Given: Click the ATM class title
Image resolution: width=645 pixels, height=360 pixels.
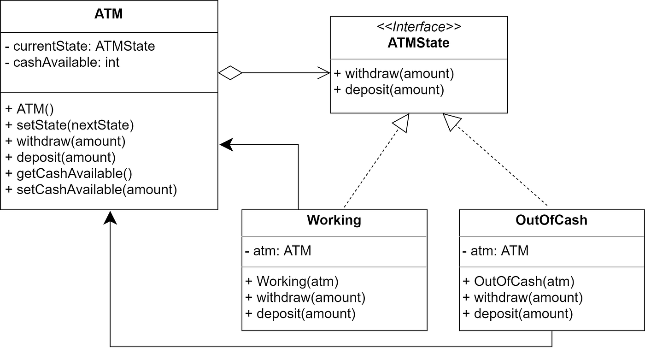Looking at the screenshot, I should (x=109, y=14).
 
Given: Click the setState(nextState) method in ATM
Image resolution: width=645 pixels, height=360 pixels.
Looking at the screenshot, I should (x=69, y=125).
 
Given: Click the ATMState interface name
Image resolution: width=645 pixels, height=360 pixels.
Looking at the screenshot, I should (x=419, y=43).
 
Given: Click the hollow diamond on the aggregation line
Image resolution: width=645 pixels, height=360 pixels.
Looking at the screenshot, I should (x=230, y=73).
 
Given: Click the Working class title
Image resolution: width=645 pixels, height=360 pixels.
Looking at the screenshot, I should (x=334, y=220).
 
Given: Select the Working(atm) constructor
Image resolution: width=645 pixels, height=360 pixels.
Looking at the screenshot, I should (x=292, y=281).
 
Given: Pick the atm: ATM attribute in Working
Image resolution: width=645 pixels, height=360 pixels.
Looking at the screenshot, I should (x=278, y=251).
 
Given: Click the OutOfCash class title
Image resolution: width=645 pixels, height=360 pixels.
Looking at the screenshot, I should (x=551, y=220).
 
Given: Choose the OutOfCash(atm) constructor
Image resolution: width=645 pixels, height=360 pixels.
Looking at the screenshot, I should (x=518, y=281).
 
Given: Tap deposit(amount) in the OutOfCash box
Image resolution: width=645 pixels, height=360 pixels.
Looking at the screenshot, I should (x=518, y=314).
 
